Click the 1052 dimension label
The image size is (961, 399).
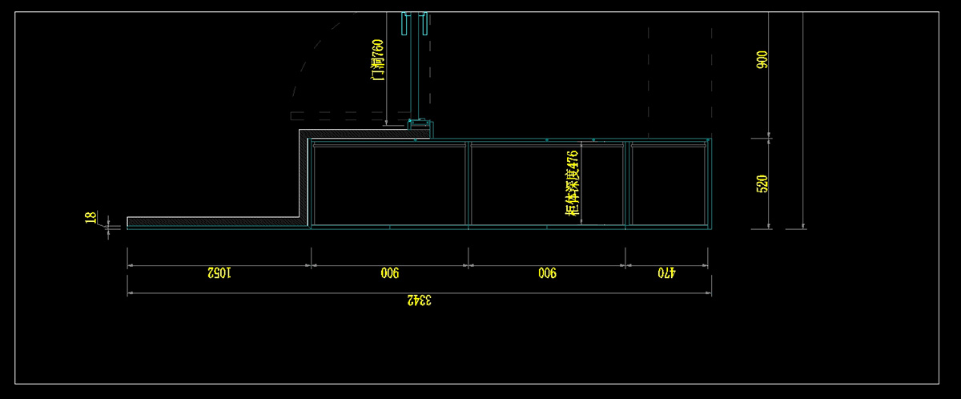[x=219, y=273]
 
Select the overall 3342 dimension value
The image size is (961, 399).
[x=419, y=300]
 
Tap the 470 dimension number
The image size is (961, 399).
[x=666, y=273]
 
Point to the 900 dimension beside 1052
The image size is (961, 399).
[x=390, y=273]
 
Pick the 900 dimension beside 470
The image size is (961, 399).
[x=546, y=273]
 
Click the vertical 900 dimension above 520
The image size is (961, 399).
[x=762, y=59]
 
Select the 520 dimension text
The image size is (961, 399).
[x=762, y=183]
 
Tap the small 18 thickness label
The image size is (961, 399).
[x=90, y=217]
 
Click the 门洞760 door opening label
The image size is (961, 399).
[x=378, y=59]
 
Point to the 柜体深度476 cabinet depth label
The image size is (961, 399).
[x=572, y=183]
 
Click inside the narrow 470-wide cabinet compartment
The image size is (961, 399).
[x=667, y=184]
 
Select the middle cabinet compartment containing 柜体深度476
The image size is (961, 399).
[x=521, y=184]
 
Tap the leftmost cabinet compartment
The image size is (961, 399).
[x=390, y=184]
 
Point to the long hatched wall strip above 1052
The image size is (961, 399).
[x=212, y=221]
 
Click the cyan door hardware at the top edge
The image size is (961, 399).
[x=417, y=24]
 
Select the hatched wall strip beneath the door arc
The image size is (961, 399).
[x=352, y=133]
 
